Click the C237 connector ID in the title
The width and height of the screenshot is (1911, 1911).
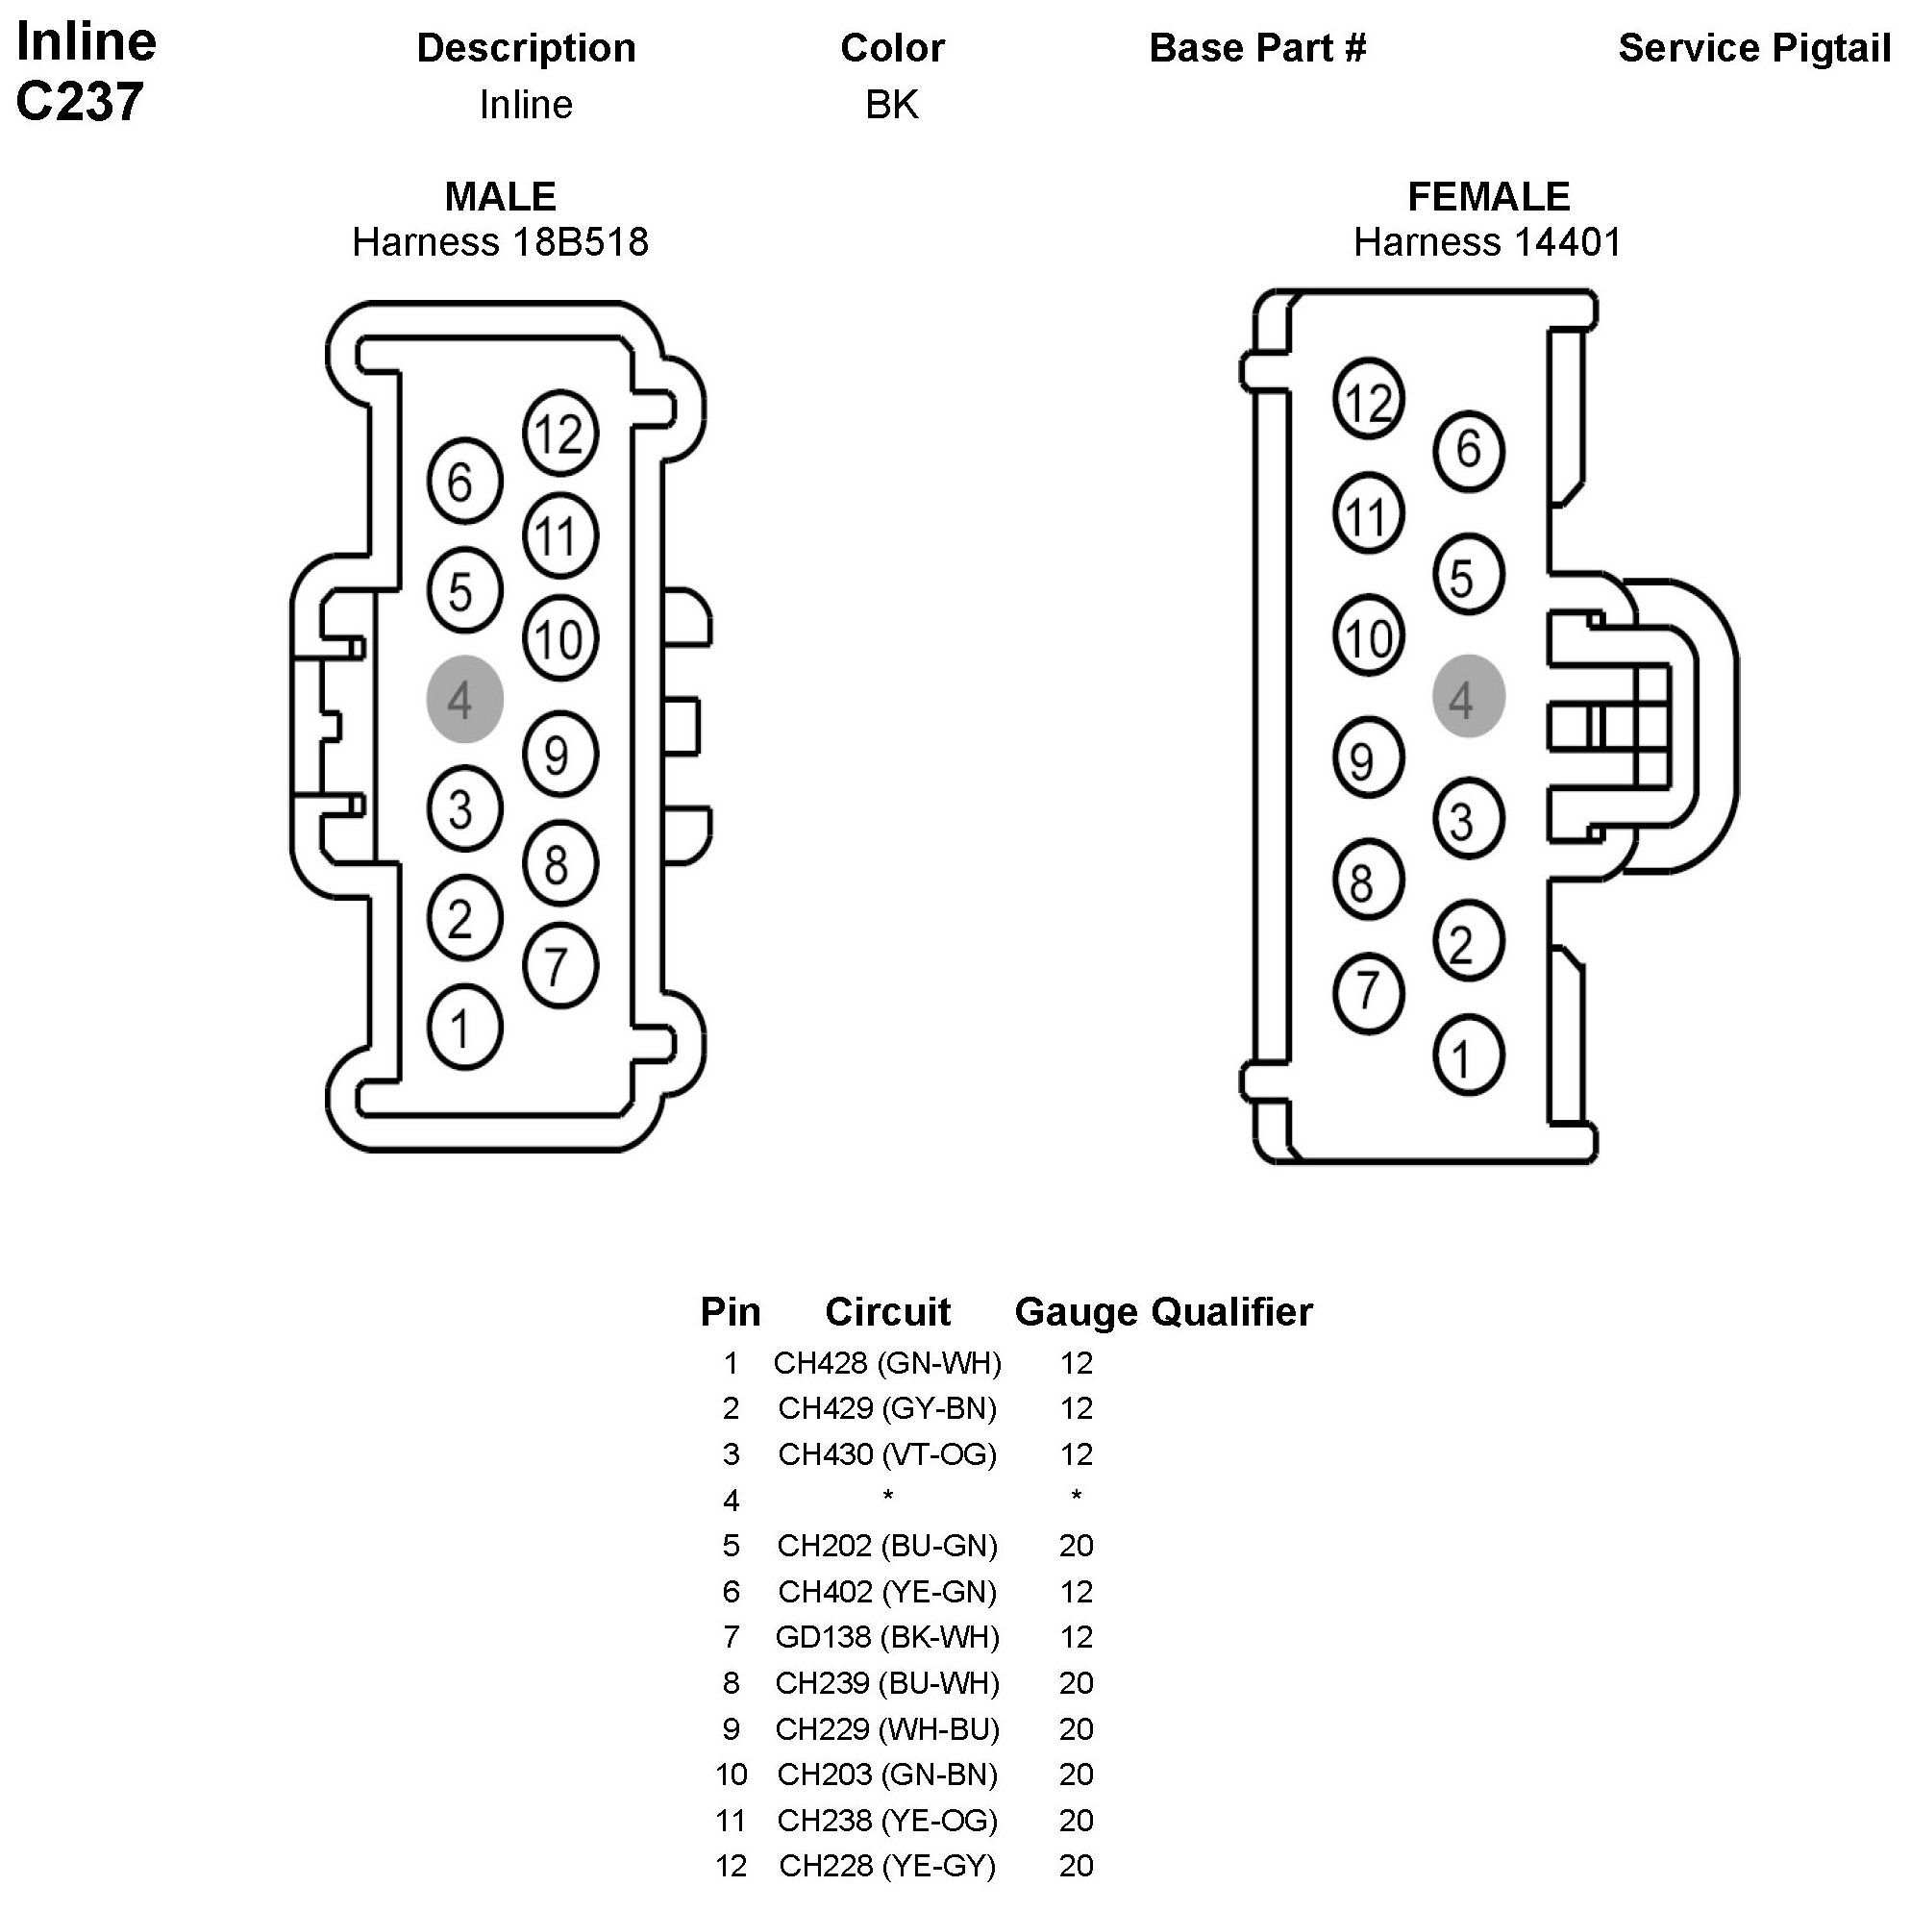pos(79,102)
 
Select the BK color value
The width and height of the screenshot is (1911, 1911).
pos(891,105)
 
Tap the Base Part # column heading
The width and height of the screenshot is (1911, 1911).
pos(1257,47)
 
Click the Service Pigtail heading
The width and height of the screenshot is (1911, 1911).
pos(1753,47)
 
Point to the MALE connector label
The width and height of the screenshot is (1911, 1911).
pos(500,196)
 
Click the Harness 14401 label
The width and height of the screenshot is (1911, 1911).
pos(1488,242)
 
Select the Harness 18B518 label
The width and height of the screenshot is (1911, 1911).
pos(500,242)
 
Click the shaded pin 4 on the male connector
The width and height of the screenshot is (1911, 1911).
pos(464,699)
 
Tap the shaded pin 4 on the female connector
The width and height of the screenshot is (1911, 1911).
pos(1468,696)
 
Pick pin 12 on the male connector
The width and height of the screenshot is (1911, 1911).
pos(559,433)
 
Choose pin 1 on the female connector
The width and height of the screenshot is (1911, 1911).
pos(1468,1056)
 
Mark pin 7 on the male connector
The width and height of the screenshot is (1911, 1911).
pos(559,965)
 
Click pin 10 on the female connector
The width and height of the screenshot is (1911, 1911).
pos(1368,636)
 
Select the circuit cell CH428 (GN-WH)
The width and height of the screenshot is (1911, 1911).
pos(887,1363)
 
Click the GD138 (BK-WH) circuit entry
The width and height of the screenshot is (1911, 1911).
pos(887,1637)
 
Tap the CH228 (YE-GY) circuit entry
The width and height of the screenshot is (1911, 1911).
pos(887,1866)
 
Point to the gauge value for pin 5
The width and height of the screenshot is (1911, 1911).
pos(1077,1546)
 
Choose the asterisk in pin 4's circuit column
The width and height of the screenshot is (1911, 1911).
pos(887,1498)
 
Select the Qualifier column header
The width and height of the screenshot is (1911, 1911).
pos(1231,1312)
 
